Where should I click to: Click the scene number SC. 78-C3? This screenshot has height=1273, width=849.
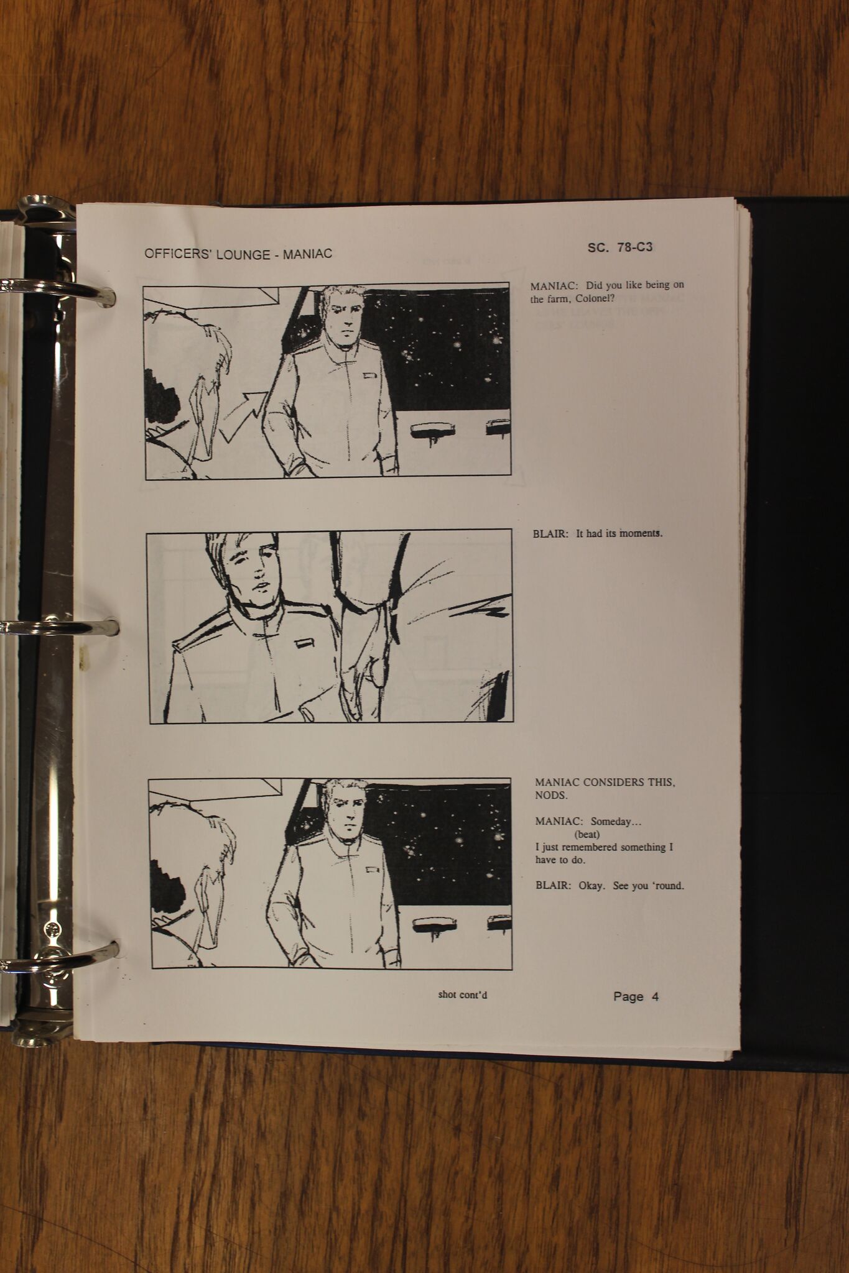pyautogui.click(x=619, y=247)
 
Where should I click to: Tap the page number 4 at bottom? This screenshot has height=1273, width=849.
pyautogui.click(x=655, y=996)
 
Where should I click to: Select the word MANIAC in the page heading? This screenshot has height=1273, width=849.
pyautogui.click(x=307, y=254)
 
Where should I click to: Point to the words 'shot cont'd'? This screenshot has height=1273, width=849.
pyautogui.click(x=462, y=995)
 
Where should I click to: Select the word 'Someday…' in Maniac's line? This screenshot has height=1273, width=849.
pyautogui.click(x=616, y=822)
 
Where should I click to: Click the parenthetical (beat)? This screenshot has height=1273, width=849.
pyautogui.click(x=587, y=834)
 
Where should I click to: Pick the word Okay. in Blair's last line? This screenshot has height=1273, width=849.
pyautogui.click(x=592, y=886)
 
